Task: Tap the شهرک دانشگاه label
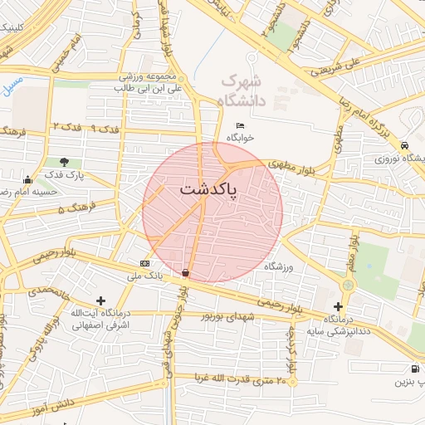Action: point(242,91)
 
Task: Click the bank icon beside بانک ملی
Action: point(145,263)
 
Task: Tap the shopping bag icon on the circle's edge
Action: point(185,271)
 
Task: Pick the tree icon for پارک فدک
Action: point(65,162)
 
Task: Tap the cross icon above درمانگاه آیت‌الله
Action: point(101,300)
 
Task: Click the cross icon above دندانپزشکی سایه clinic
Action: point(338,307)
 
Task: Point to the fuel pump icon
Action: point(414,369)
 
